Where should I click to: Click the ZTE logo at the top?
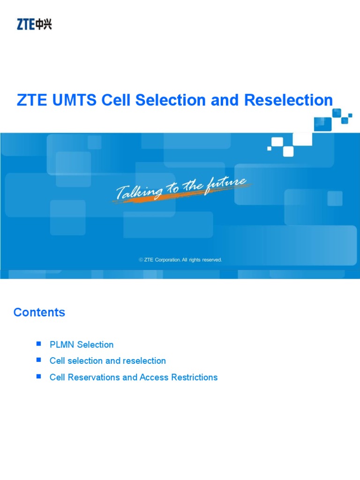coord(34,24)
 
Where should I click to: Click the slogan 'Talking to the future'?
coord(181,187)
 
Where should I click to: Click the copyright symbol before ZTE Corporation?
coord(141,260)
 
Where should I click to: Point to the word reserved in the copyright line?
coord(212,260)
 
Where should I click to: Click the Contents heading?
coord(39,313)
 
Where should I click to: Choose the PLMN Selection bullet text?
coord(82,345)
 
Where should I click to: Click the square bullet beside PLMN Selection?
coord(39,344)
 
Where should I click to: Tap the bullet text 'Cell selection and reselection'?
coord(108,361)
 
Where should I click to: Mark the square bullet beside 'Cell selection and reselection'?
coord(39,360)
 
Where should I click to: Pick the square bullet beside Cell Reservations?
coord(39,377)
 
